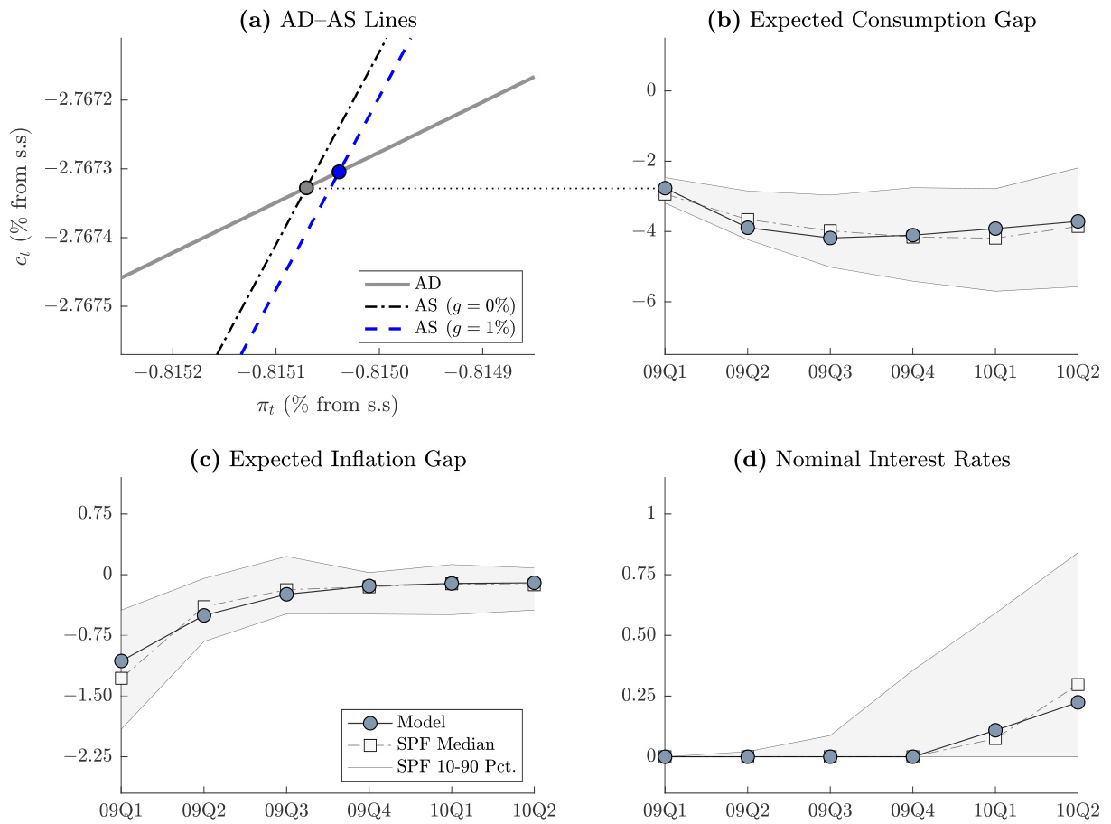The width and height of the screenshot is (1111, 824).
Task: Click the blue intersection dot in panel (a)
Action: click(339, 172)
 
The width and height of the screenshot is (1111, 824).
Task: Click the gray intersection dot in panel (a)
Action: click(306, 188)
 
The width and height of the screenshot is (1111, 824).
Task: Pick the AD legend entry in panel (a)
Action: click(441, 284)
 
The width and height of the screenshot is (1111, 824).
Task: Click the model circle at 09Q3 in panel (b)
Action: click(830, 238)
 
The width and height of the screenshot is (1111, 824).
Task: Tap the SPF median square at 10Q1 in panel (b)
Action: click(994, 238)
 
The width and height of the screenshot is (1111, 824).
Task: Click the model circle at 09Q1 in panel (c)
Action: click(121, 660)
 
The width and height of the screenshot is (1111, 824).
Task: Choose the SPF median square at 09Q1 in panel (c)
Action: click(121, 678)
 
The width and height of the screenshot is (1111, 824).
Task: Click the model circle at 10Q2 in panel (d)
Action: click(1078, 702)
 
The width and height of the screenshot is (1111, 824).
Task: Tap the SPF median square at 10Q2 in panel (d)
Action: click(1078, 685)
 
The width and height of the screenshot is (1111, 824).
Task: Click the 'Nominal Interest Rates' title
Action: click(871, 459)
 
